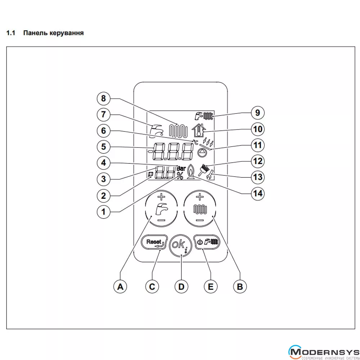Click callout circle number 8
pyautogui.click(x=104, y=98)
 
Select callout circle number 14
pyautogui.click(x=257, y=193)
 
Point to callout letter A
pyautogui.click(x=121, y=287)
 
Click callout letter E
pyautogui.click(x=211, y=287)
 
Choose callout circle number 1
pyautogui.click(x=104, y=212)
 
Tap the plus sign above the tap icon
pyautogui.click(x=161, y=197)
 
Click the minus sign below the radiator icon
pyautogui.click(x=200, y=220)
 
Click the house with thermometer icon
pyautogui.click(x=197, y=129)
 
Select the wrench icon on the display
pyautogui.click(x=210, y=175)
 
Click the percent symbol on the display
pyautogui.click(x=180, y=176)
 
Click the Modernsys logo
pyautogui.click(x=324, y=351)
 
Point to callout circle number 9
pyautogui.click(x=257, y=113)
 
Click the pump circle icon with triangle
pyautogui.click(x=202, y=153)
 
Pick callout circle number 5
pyautogui.click(x=104, y=147)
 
